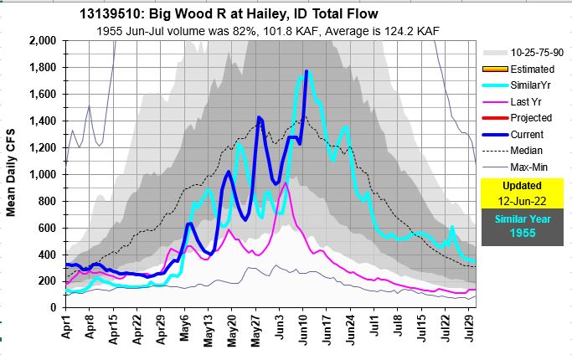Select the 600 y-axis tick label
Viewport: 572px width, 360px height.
(x=46, y=228)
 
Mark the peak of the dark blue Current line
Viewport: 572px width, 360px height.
(x=307, y=72)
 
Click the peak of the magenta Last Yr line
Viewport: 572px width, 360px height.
(x=286, y=184)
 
